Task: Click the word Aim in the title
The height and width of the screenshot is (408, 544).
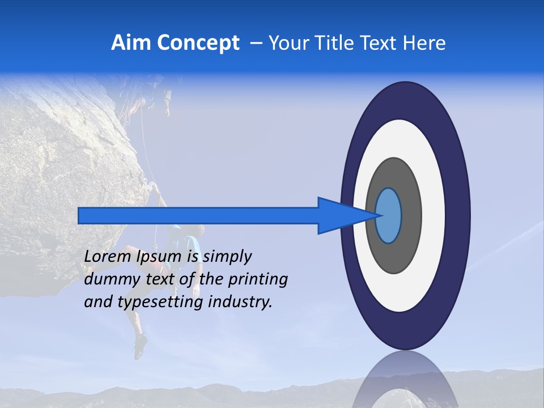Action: pos(130,43)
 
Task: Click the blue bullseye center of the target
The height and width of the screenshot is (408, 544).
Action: pos(388,215)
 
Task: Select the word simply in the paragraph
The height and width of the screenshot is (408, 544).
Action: pos(227,256)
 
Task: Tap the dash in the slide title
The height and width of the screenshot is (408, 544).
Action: pos(256,44)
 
